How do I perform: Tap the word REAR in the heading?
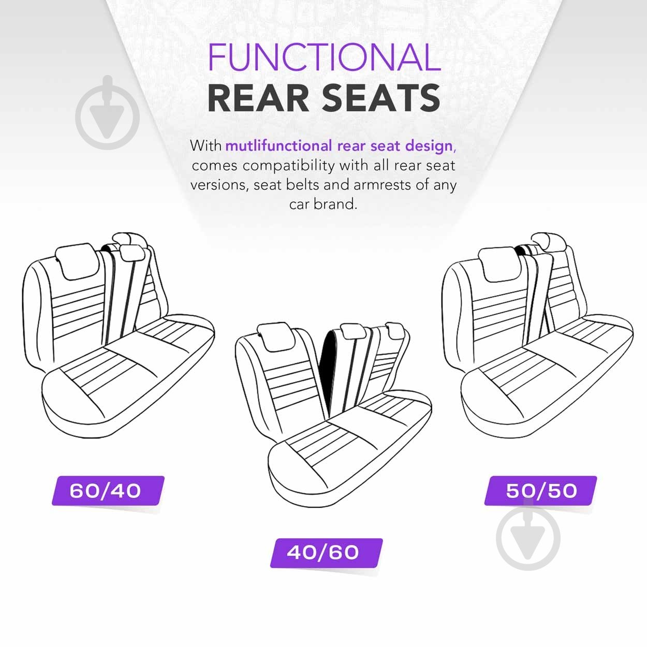[258, 98]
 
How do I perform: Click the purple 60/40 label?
[108, 491]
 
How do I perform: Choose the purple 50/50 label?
[540, 491]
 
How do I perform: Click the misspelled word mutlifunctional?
[278, 146]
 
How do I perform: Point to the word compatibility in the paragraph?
[289, 166]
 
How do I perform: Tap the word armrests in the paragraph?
[382, 185]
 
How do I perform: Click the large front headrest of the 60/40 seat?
[78, 261]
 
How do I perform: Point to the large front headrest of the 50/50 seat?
[501, 264]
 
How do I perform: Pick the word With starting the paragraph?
[205, 146]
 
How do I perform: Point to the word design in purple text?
[429, 146]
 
